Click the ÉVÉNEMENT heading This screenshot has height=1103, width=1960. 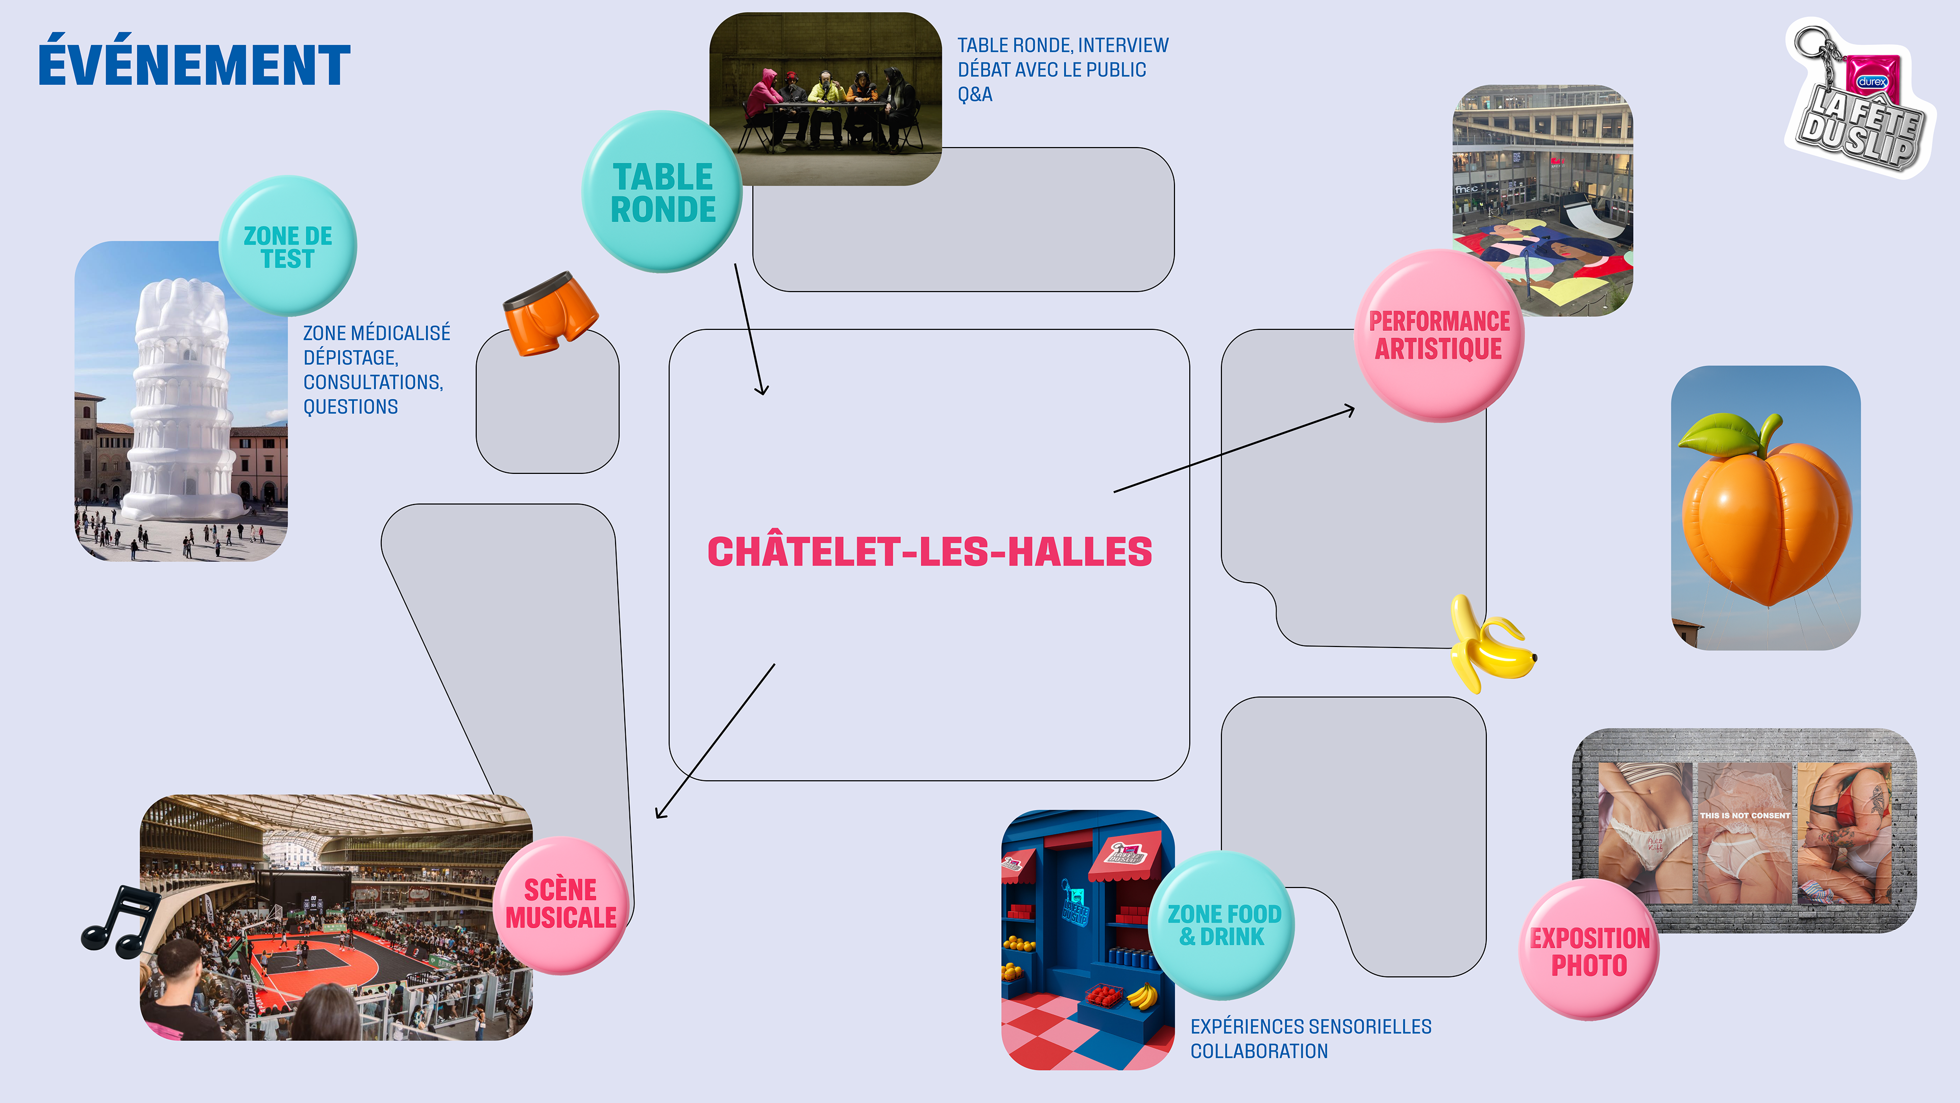(x=194, y=65)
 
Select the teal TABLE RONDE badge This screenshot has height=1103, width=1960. (x=662, y=193)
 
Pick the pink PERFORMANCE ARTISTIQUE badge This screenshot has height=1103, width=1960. (x=1439, y=335)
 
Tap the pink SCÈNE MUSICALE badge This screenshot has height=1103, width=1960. (x=561, y=904)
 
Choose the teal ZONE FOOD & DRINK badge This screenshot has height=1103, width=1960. (x=1223, y=925)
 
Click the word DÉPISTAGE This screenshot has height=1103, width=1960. (x=350, y=358)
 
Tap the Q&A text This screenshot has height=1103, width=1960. (x=975, y=95)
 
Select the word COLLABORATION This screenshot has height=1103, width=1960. (x=1259, y=1051)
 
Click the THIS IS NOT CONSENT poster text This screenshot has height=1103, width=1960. (x=1745, y=816)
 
